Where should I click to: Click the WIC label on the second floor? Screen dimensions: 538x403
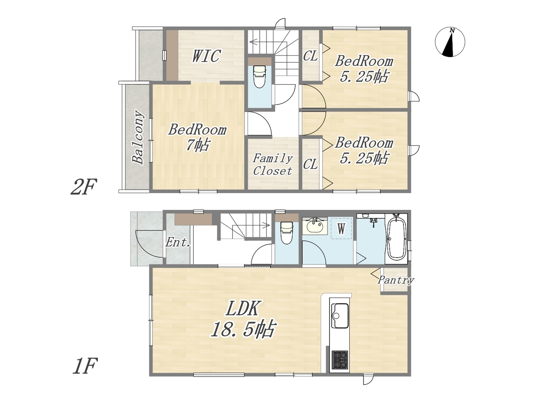pyautogui.click(x=206, y=56)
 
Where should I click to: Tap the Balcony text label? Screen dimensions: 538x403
pyautogui.click(x=137, y=137)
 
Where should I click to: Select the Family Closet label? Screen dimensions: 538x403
pyautogui.click(x=272, y=165)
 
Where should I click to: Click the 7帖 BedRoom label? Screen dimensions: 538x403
pyautogui.click(x=197, y=137)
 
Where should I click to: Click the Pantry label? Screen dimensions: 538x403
pyautogui.click(x=396, y=280)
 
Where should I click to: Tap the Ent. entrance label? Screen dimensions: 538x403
pyautogui.click(x=178, y=243)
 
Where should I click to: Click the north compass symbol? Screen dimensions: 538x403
pyautogui.click(x=450, y=42)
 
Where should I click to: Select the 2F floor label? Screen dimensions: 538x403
pyautogui.click(x=84, y=186)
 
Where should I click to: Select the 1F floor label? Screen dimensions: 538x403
pyautogui.click(x=85, y=366)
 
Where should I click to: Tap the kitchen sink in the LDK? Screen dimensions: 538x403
pyautogui.click(x=340, y=315)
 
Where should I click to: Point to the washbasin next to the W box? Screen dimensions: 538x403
pyautogui.click(x=315, y=225)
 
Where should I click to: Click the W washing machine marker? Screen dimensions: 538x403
pyautogui.click(x=341, y=229)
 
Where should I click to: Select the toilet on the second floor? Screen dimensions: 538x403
pyautogui.click(x=260, y=76)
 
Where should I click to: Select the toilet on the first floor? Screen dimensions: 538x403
pyautogui.click(x=287, y=233)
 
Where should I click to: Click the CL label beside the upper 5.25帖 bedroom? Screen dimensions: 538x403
pyautogui.click(x=310, y=56)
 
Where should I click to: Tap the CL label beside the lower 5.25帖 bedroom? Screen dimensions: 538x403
pyautogui.click(x=310, y=164)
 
